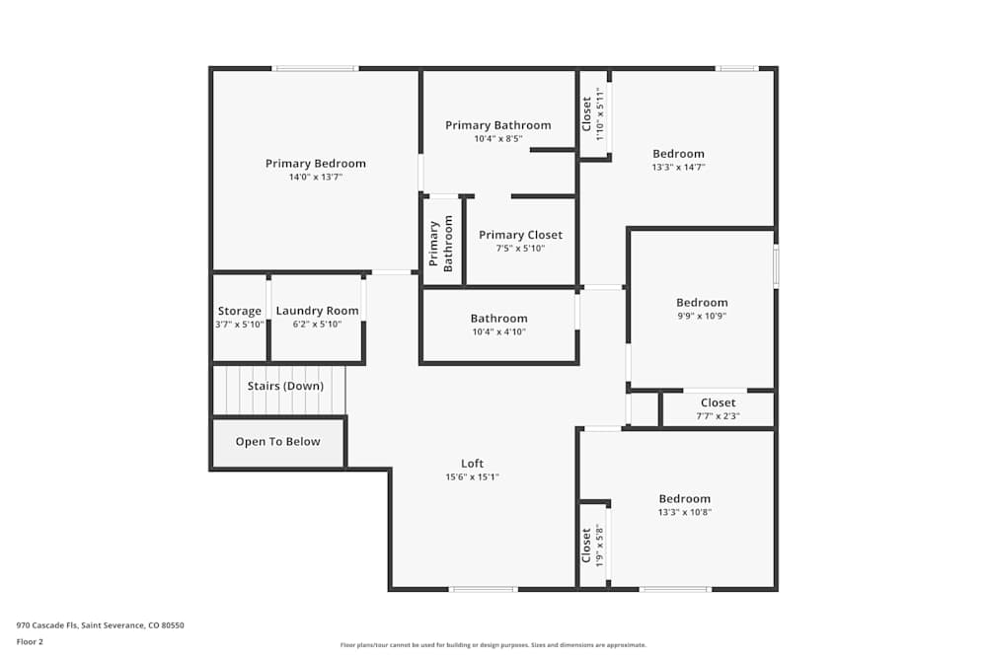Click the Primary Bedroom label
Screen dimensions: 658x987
tap(315, 164)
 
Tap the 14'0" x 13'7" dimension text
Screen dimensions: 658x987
tap(315, 178)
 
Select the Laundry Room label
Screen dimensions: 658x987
tap(317, 311)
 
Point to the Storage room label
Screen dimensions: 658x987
tap(240, 311)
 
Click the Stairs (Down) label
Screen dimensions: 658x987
tap(285, 386)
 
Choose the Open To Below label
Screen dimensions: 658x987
tap(277, 442)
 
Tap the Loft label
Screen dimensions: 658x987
tap(473, 464)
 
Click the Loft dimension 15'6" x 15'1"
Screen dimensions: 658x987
tap(473, 477)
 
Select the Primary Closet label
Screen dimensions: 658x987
tap(520, 235)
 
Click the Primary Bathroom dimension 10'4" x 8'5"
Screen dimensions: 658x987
tap(497, 139)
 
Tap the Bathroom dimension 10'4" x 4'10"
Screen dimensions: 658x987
tap(498, 332)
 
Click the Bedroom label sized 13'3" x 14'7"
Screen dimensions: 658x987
tap(678, 154)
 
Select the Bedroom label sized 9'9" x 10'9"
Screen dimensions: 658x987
tap(702, 303)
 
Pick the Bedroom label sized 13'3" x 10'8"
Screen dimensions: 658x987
tap(684, 499)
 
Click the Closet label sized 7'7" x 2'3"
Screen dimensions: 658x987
tap(718, 402)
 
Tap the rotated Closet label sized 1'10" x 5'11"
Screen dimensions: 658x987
tap(587, 113)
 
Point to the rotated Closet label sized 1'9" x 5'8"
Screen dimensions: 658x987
tap(587, 545)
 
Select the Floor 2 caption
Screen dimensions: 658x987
tap(30, 641)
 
